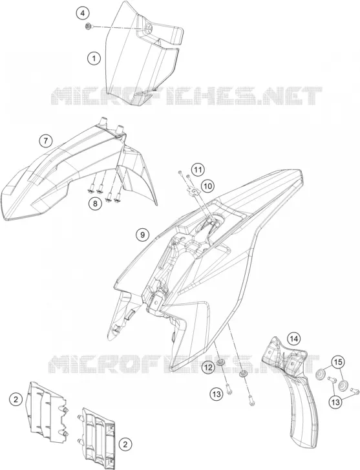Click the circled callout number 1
click(94, 58)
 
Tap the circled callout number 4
click(83, 13)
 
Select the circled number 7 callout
click(45, 140)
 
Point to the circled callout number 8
click(95, 204)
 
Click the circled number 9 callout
click(142, 235)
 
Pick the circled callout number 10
click(207, 186)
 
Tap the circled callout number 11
click(197, 170)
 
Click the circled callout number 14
click(293, 339)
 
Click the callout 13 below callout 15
click(335, 401)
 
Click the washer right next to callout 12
click(221, 362)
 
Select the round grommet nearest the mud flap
click(322, 374)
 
